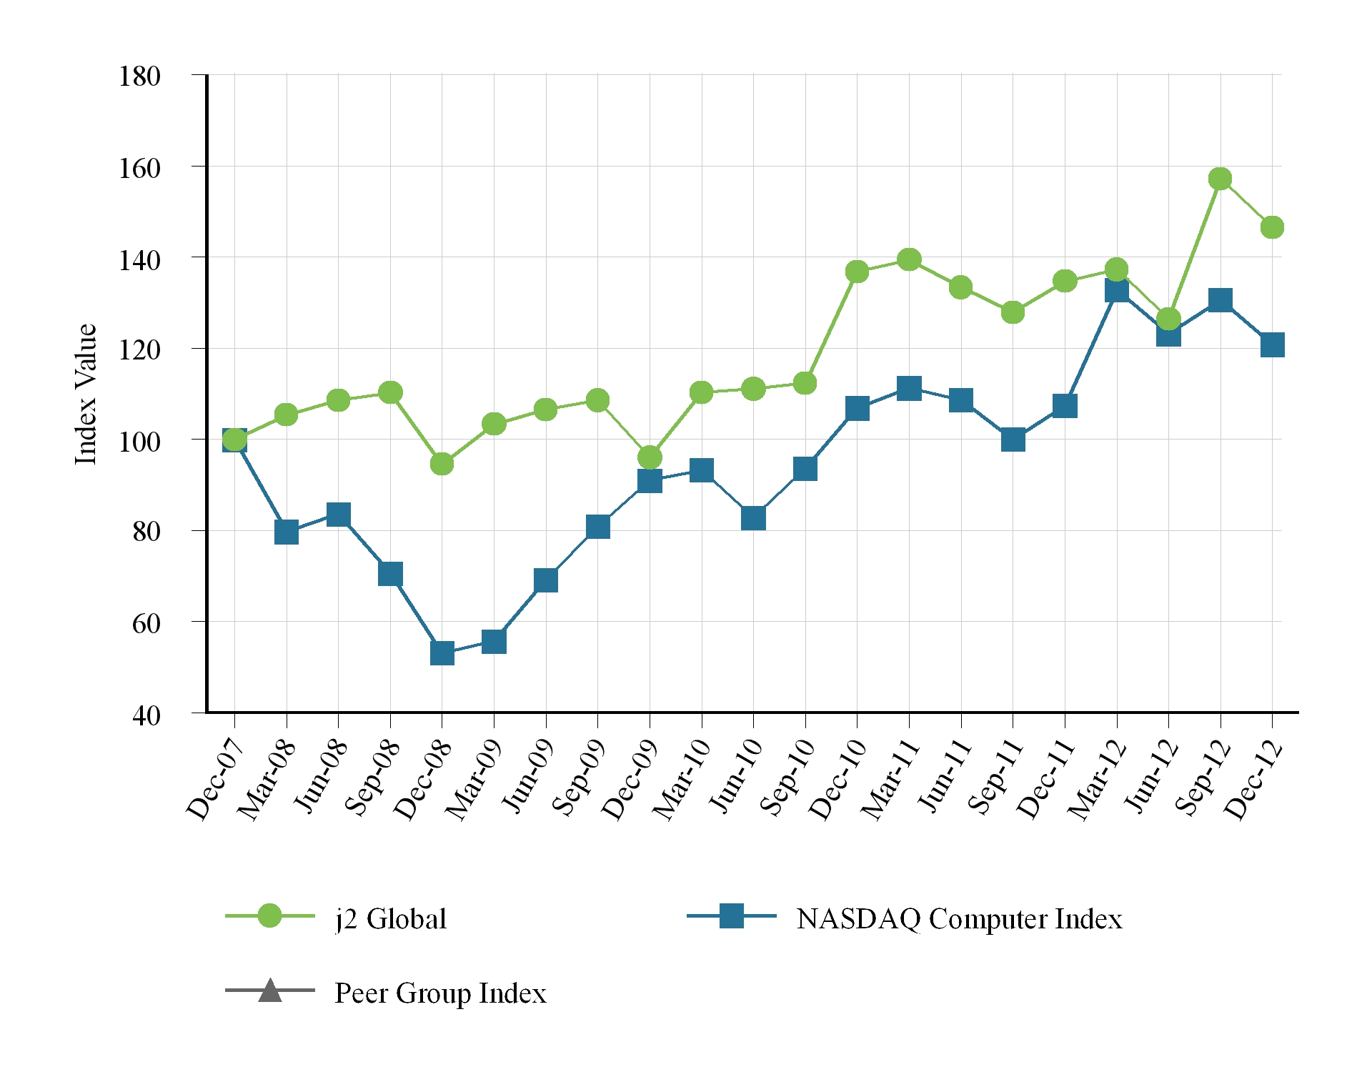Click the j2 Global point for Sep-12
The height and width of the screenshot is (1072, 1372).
[x=1220, y=179]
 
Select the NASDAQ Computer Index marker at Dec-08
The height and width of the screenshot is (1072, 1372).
[x=442, y=652]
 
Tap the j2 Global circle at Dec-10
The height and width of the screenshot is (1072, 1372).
[x=857, y=272]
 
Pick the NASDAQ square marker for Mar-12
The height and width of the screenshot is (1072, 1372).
[x=1116, y=290]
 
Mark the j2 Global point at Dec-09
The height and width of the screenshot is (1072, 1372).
[x=650, y=457]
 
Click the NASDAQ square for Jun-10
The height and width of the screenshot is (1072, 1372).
[x=753, y=517]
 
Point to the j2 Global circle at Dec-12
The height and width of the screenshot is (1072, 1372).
[x=1272, y=227]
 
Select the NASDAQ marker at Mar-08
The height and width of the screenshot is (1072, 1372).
[x=287, y=532]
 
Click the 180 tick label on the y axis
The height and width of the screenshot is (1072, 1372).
[x=139, y=76]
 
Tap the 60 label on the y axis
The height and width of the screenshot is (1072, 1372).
[x=146, y=623]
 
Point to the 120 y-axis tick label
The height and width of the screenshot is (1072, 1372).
[x=139, y=350]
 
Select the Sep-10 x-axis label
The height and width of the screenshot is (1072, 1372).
[x=787, y=779]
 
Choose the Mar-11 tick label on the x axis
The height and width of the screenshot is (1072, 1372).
[x=890, y=779]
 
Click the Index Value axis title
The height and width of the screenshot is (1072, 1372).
[x=86, y=394]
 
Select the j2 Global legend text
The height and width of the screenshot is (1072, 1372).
[x=391, y=919]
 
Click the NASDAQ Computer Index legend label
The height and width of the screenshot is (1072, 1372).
[x=959, y=919]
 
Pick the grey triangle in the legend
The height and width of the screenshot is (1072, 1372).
[x=269, y=991]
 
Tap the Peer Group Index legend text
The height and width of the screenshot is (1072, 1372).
[x=440, y=993]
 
